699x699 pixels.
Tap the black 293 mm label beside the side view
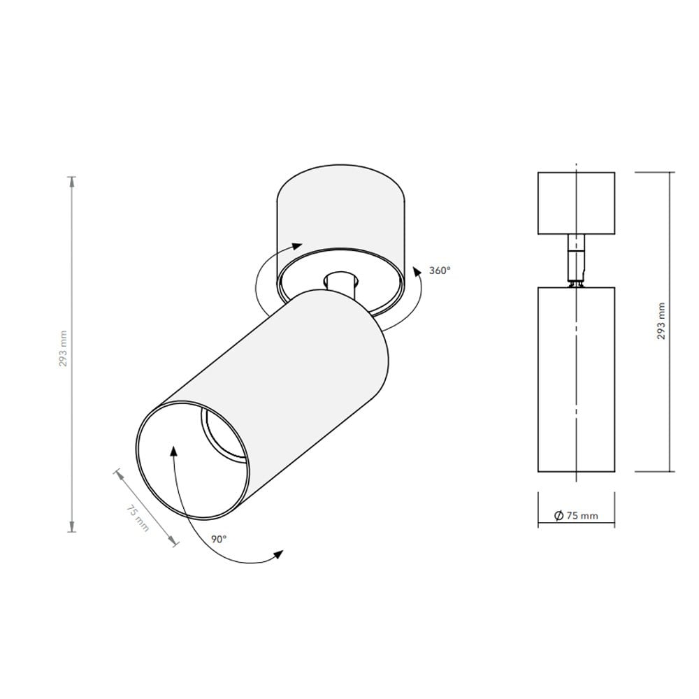coord(661,321)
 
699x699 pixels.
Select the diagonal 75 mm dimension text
coord(138,517)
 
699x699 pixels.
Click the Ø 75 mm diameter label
coord(576,516)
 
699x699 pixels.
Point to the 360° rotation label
coord(440,270)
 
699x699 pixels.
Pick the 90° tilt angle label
coord(219,539)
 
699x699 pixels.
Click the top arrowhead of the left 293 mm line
coord(71,182)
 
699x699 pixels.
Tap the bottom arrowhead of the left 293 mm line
coord(71,526)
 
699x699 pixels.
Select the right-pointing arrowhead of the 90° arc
coord(278,554)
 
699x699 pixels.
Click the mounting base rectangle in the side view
coord(576,203)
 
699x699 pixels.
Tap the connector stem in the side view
coord(575,259)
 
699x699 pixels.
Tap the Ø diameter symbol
coord(559,516)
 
